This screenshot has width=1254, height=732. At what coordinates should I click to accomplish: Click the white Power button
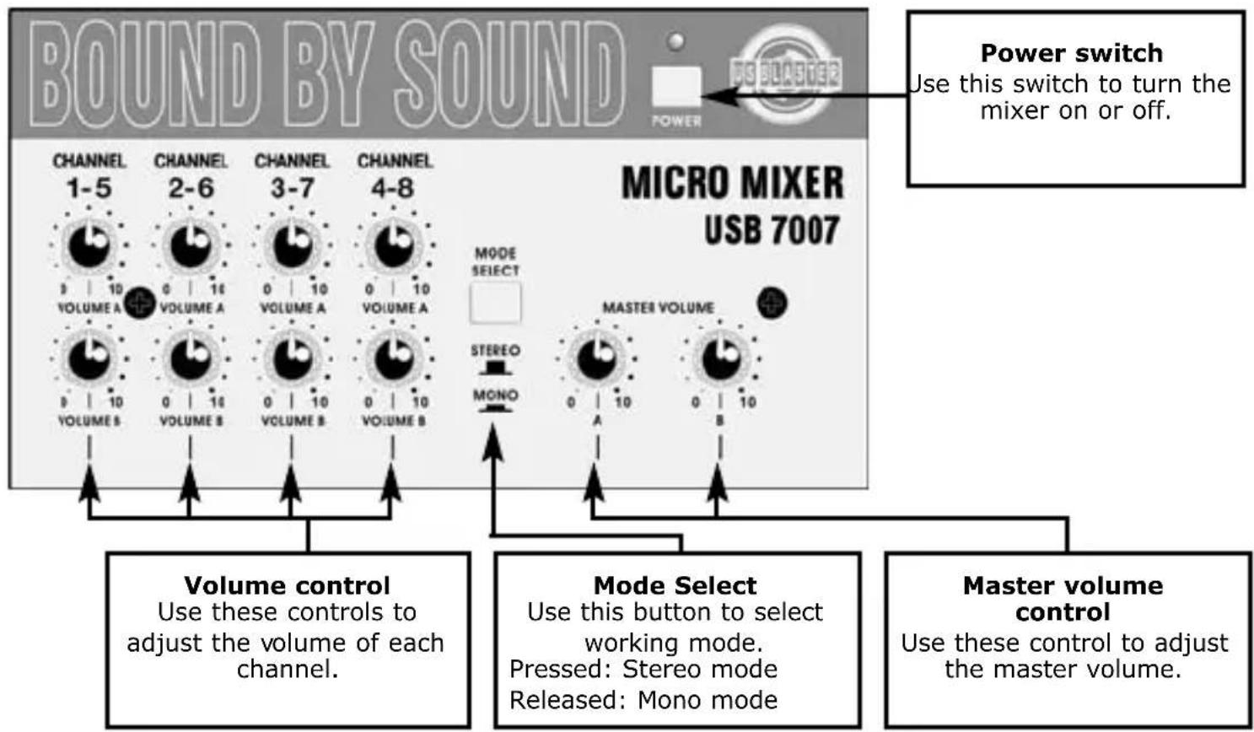pos(676,87)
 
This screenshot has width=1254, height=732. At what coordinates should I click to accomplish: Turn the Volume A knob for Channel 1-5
pos(88,245)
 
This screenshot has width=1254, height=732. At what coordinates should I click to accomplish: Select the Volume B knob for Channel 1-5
pos(88,359)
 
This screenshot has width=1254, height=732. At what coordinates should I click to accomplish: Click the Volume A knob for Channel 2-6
pos(190,245)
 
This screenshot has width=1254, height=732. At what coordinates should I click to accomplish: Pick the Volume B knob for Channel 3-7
pos(292,359)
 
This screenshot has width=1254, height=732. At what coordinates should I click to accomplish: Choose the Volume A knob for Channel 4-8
pos(393,245)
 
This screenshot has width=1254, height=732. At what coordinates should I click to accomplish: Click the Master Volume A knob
pos(596,359)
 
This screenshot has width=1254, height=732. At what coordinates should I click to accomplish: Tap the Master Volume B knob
pos(720,359)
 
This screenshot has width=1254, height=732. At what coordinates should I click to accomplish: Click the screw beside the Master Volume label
pos(772,304)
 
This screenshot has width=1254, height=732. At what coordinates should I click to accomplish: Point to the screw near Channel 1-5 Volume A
pos(139,303)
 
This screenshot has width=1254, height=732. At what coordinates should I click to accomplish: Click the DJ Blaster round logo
pos(784,74)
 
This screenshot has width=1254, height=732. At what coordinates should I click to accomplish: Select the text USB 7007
pos(772,230)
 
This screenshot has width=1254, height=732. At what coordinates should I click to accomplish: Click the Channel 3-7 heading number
pos(292,188)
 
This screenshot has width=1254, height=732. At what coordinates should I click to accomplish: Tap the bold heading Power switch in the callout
pos(1071,53)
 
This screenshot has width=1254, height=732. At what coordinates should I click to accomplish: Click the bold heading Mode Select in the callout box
pos(675,585)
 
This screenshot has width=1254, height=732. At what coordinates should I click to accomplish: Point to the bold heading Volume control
pos(287,585)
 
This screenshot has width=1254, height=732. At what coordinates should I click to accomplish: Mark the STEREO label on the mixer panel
pos(495,350)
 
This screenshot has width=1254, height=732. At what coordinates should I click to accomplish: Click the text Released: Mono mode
pos(643,700)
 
